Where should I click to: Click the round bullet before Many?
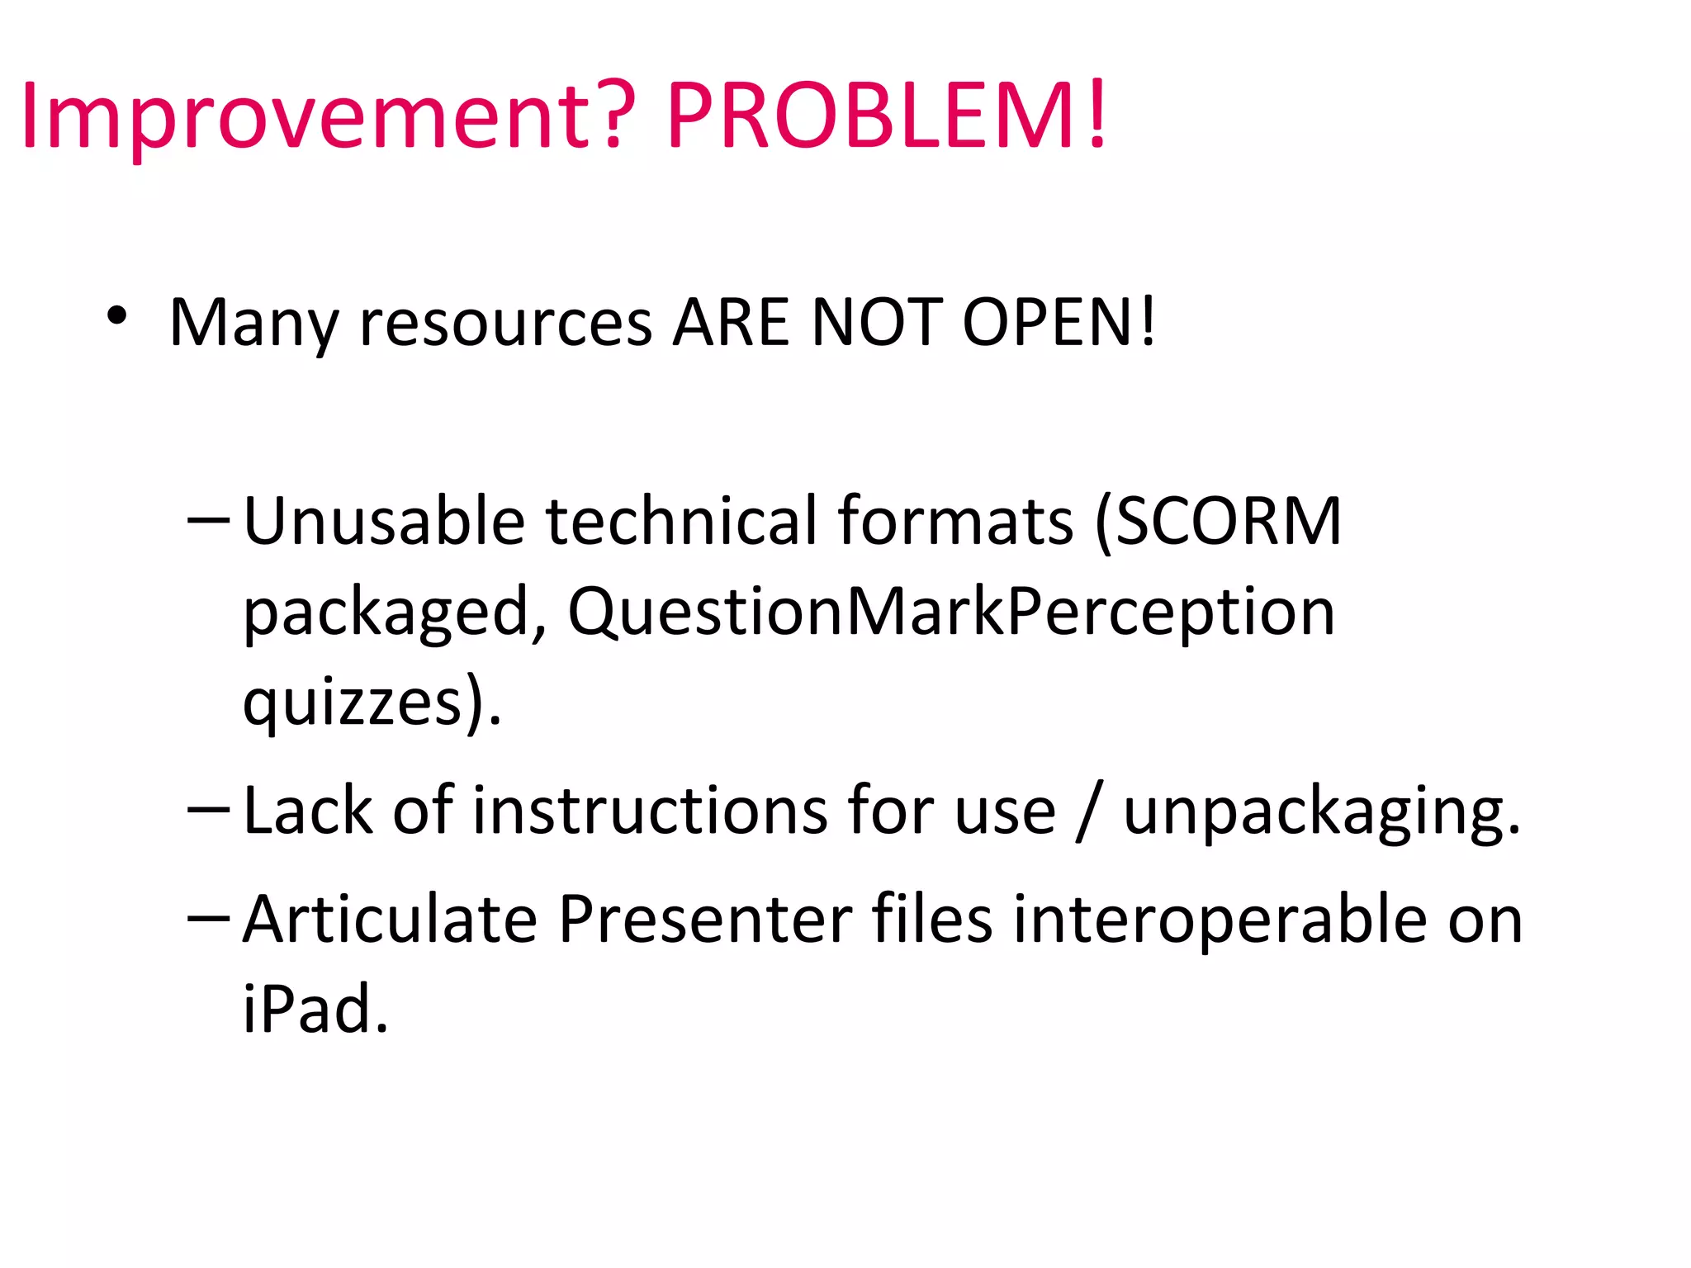click(116, 316)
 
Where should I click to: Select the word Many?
click(254, 324)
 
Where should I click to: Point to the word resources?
click(506, 324)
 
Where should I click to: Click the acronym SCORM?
click(1227, 522)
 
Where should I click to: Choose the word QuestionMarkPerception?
click(951, 613)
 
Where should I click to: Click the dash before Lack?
click(208, 810)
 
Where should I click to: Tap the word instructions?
click(649, 811)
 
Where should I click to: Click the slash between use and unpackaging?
click(1089, 812)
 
